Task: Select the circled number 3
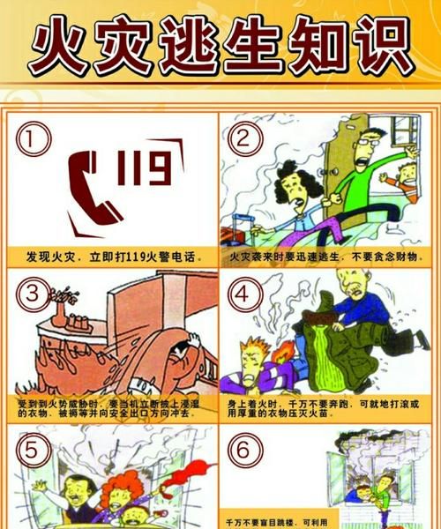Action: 31,292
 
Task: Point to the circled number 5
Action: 31,450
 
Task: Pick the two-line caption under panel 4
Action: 328,409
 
